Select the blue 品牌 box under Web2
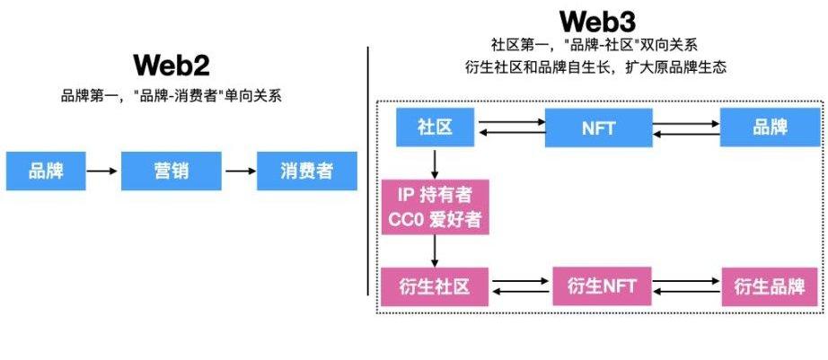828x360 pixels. (46, 171)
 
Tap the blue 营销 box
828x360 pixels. (171, 171)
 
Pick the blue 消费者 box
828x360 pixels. (306, 171)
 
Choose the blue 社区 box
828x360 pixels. (435, 127)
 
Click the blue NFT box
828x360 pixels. (597, 127)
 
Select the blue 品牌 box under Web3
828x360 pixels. (771, 127)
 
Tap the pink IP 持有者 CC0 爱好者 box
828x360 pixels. (435, 207)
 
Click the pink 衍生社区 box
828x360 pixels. (435, 287)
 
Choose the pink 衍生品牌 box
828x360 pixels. (770, 287)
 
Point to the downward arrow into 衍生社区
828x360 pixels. (435, 252)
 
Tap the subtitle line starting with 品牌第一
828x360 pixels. (171, 95)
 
